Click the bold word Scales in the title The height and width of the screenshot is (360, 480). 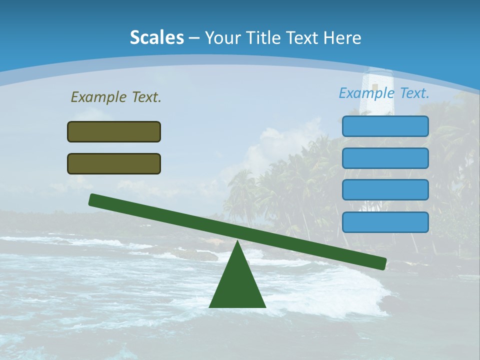tap(157, 37)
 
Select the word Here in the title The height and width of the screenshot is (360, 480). tap(342, 37)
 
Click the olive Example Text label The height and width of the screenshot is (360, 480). tap(116, 97)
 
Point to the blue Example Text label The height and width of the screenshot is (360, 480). tap(384, 93)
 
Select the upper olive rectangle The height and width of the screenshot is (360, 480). tap(114, 131)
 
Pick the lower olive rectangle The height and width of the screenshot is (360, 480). tap(114, 163)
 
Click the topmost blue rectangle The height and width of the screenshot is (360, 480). tap(385, 126)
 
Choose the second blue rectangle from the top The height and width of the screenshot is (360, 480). tap(385, 158)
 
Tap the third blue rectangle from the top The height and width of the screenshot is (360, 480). tap(385, 190)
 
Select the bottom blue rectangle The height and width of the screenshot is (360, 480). tap(385, 222)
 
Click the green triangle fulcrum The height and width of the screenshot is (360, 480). tap(237, 285)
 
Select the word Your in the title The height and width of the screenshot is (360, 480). tap(222, 37)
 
